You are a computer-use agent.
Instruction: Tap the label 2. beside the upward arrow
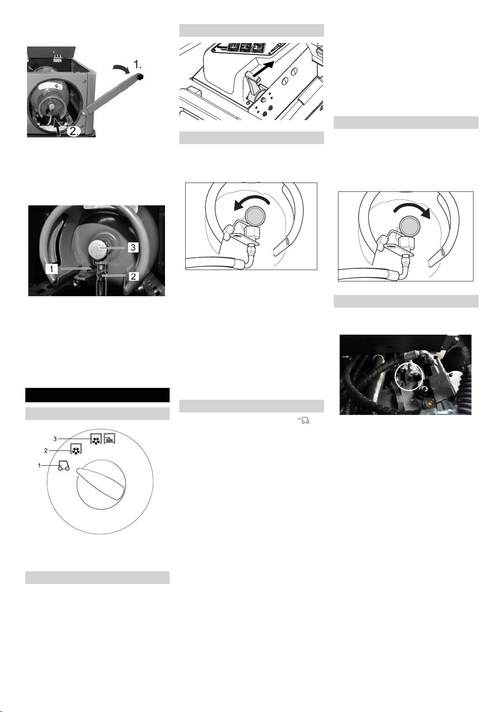coord(73,131)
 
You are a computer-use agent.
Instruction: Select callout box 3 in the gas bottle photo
coord(133,247)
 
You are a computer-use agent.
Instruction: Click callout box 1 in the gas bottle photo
coord(51,269)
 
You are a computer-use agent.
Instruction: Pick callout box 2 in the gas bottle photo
coord(133,276)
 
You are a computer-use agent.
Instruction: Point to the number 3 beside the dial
coord(55,439)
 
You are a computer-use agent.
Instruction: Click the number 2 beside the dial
coord(46,451)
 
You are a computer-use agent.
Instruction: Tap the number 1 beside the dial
coord(40,466)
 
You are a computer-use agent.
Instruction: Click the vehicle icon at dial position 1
coord(64,466)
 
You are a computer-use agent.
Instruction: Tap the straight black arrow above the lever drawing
coord(263,69)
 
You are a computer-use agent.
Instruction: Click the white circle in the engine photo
coord(409,376)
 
